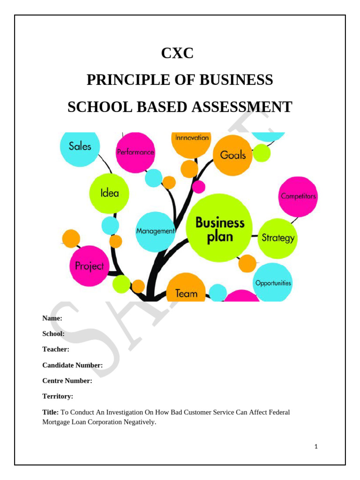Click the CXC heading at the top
click(x=177, y=53)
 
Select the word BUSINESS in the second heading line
click(x=237, y=80)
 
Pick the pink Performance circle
click(x=135, y=152)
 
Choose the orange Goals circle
click(x=232, y=155)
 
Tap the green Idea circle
click(x=109, y=193)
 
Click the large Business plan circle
click(x=219, y=229)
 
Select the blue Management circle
click(x=155, y=231)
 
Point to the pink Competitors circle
click(x=298, y=196)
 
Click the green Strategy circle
click(x=278, y=238)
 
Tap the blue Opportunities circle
click(x=272, y=283)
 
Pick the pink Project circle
click(x=89, y=266)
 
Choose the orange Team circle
click(x=186, y=291)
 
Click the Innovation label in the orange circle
click(x=192, y=138)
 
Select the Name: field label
click(x=52, y=318)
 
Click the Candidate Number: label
click(x=73, y=365)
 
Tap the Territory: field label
click(x=58, y=396)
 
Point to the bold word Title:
click(x=51, y=412)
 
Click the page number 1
click(x=316, y=447)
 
